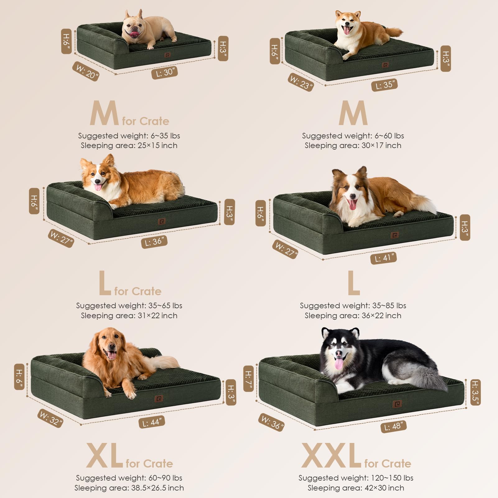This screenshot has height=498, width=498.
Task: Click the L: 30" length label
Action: coord(165,72)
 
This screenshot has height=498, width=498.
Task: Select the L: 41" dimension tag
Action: coord(383,258)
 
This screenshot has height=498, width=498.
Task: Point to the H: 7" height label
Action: coord(249,378)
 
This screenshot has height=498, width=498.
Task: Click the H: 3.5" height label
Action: coord(475,392)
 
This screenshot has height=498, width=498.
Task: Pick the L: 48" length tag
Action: coord(394,426)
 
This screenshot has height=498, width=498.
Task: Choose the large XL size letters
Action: coord(105,456)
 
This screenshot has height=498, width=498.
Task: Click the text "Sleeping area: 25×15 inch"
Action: coord(129,146)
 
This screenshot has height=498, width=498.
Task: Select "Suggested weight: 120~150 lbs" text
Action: coord(356,478)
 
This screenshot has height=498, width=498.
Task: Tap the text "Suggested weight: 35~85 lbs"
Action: coord(353,305)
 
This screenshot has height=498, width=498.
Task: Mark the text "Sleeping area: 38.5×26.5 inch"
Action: coord(129,488)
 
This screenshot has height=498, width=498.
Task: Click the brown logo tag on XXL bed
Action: coord(397,404)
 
